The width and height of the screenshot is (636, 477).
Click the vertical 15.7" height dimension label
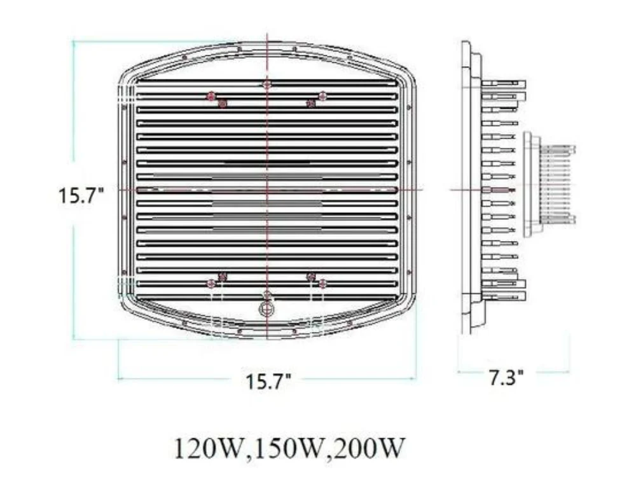pos(81,195)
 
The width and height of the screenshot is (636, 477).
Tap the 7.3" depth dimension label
pos(506,377)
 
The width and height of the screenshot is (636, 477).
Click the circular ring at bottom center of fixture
pos(267,308)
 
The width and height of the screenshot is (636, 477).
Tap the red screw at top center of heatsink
pos(267,84)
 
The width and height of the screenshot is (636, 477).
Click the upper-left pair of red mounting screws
pos(216,99)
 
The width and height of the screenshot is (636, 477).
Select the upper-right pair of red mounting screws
pos(317,99)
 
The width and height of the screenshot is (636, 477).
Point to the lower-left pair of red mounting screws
pos(216,279)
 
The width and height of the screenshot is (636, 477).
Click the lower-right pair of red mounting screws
pos(317,279)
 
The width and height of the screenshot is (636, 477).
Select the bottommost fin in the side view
pos(504,295)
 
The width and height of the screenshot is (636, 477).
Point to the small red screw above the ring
pos(267,294)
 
